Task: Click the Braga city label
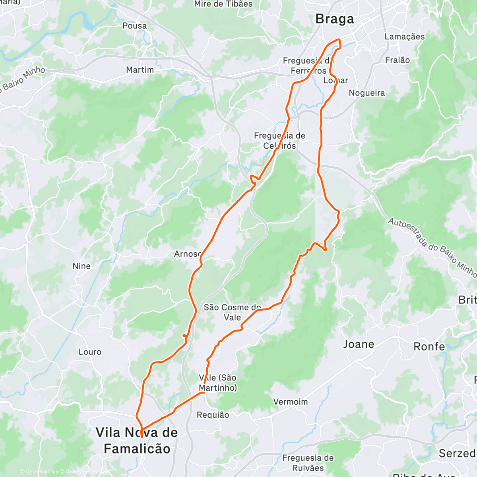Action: [x=334, y=19]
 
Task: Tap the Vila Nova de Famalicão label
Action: [x=137, y=440]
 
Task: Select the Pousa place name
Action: [x=134, y=26]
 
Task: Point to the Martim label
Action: [x=140, y=70]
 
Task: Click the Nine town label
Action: [x=81, y=266]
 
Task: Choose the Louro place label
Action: [x=90, y=352]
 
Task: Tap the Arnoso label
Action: [x=188, y=254]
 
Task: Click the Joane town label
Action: [x=359, y=344]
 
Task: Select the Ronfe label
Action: [x=429, y=347]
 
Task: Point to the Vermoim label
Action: [x=291, y=402]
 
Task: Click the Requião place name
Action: [x=213, y=415]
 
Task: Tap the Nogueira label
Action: [x=367, y=93]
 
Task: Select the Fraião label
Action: [x=397, y=60]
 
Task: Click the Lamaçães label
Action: [x=405, y=37]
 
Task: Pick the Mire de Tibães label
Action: [x=223, y=4]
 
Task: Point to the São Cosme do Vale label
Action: [x=233, y=312]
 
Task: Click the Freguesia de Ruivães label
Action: [x=308, y=463]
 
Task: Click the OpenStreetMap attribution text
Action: [x=83, y=472]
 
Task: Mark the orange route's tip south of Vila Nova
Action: [x=142, y=438]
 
